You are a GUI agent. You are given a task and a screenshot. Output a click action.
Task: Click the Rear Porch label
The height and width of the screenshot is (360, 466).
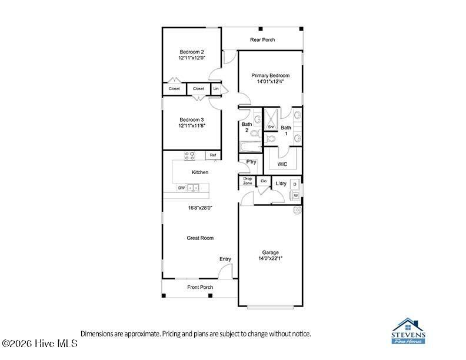pyautogui.click(x=262, y=39)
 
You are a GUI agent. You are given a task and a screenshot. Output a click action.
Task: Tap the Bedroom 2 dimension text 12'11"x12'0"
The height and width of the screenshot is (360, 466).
pyautogui.click(x=192, y=58)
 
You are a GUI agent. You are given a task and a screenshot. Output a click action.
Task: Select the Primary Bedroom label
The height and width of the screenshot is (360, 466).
pyautogui.click(x=270, y=75)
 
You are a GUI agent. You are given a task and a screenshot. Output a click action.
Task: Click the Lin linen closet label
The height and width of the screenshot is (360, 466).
pyautogui.click(x=216, y=88)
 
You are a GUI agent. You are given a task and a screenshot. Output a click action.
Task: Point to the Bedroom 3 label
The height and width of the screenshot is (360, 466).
pyautogui.click(x=192, y=119)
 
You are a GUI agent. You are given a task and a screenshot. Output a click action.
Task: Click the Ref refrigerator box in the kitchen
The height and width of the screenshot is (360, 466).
pyautogui.click(x=213, y=155)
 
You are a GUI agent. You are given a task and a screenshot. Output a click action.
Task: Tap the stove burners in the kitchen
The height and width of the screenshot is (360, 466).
pyautogui.click(x=189, y=156)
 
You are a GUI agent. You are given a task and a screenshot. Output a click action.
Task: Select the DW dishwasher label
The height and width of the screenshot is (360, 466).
pyautogui.click(x=181, y=188)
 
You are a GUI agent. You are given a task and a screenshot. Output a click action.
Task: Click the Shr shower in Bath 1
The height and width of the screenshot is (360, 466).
pyautogui.click(x=271, y=119)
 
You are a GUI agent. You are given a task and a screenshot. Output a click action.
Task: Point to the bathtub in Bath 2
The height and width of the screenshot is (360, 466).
pyautogui.click(x=250, y=146)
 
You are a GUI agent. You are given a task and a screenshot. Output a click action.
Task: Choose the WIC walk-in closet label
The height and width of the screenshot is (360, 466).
pyautogui.click(x=282, y=164)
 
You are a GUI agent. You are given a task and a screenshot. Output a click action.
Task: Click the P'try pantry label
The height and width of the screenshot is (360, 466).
pyautogui.click(x=251, y=162)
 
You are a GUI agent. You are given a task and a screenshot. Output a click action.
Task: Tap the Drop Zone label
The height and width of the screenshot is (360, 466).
pyautogui.click(x=248, y=181)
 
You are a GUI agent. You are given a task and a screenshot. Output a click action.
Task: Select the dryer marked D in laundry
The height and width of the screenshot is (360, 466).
pyautogui.click(x=295, y=185)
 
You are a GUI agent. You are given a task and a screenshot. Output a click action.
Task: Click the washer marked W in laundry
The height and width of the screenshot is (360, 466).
pyautogui.click(x=295, y=196)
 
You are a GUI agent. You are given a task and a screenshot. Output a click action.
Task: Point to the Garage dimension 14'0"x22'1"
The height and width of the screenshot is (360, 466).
pyautogui.click(x=270, y=258)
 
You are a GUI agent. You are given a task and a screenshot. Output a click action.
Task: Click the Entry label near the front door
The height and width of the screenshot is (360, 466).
pyautogui.click(x=225, y=259)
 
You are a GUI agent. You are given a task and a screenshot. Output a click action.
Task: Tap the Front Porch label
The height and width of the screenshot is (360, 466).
pyautogui.click(x=200, y=287)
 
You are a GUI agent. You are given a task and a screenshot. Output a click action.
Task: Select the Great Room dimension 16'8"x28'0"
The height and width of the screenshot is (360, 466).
pyautogui.click(x=200, y=208)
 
